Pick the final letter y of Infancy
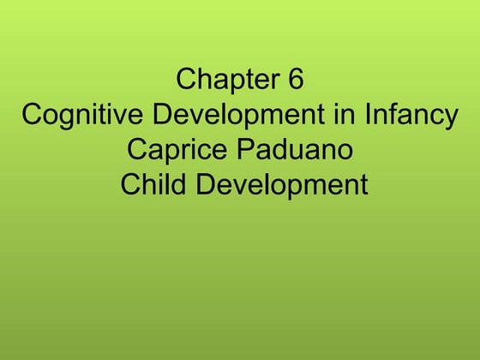(x=451, y=118)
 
